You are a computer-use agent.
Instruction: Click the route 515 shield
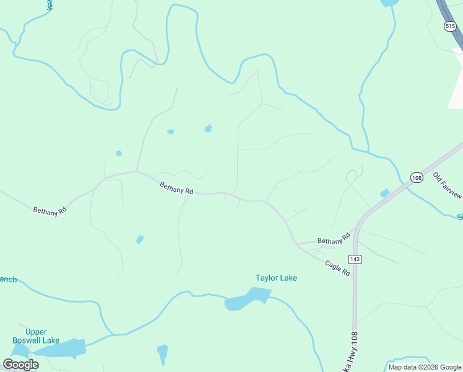point(450,26)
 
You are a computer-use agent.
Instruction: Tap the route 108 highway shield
point(416,177)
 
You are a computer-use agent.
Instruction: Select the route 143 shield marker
point(355,259)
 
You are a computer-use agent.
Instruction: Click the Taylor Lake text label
point(276,278)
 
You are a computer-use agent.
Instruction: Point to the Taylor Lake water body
point(244,301)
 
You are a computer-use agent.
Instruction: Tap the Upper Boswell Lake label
point(37,336)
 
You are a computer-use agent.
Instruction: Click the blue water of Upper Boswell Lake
point(62,348)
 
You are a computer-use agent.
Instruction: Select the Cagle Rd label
point(338,268)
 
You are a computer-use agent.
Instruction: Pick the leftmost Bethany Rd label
point(50,211)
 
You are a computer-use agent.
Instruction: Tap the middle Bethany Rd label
point(176,188)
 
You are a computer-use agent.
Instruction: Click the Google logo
point(21,365)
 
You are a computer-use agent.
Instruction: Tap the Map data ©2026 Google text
point(425,367)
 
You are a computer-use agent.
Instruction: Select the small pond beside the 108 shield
point(385,193)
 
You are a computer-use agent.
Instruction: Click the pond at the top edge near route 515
point(389,2)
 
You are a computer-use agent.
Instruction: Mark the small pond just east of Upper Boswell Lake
point(162,353)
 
